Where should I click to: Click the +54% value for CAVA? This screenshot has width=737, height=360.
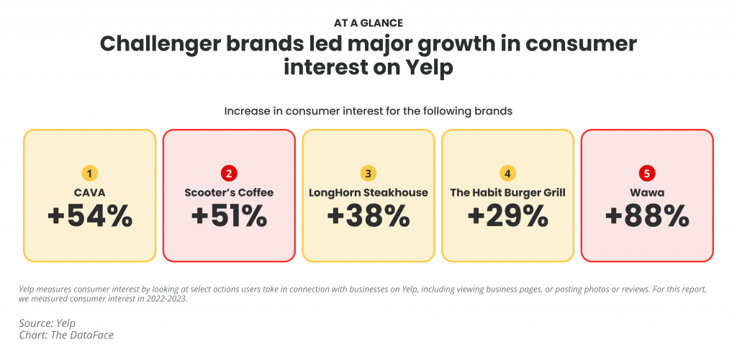point(90,217)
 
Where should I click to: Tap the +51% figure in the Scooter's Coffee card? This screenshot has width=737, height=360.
point(229,217)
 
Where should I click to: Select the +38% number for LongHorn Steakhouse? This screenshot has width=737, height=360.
point(368,217)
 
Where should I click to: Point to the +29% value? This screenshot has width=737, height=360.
point(507,217)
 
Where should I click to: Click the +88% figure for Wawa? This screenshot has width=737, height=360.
point(646,217)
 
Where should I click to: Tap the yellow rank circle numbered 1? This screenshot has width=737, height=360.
point(90,173)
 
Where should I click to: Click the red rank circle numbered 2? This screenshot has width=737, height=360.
point(229,173)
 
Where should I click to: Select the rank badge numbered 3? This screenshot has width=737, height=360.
point(368,173)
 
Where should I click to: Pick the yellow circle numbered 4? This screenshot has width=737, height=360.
point(507,173)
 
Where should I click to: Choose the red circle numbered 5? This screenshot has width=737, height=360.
point(646,173)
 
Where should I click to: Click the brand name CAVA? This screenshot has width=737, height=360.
point(90,192)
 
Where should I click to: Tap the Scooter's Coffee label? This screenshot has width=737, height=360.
point(229,192)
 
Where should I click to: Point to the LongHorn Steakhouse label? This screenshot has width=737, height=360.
point(368,192)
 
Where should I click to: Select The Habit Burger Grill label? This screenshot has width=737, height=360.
point(507,192)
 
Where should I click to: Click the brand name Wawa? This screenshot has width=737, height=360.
point(646,192)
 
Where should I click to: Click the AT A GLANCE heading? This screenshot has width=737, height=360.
point(368,23)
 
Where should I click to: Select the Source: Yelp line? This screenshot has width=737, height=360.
point(48,323)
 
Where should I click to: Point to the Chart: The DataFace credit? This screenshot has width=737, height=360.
point(66,336)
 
